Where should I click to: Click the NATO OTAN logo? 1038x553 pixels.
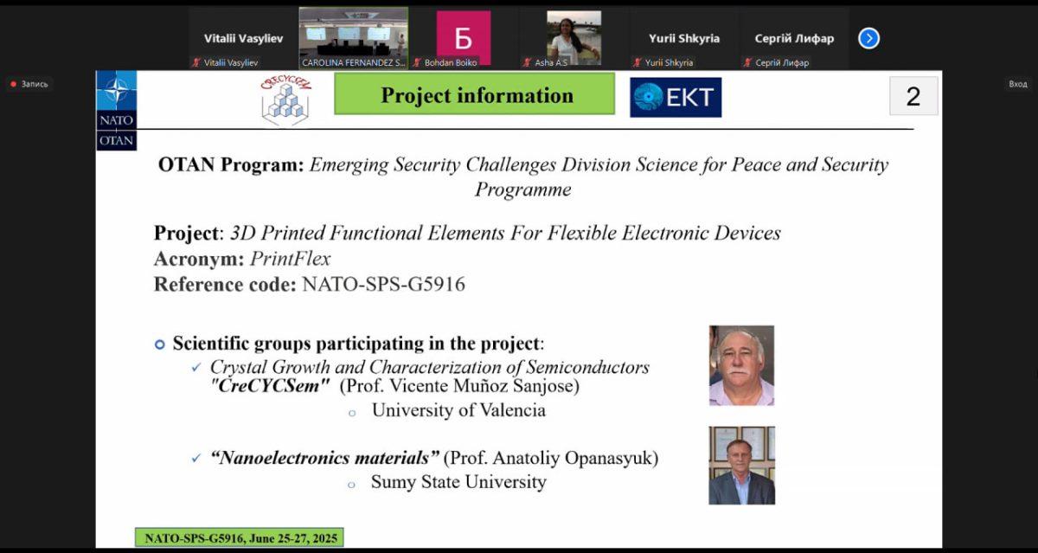click(x=116, y=110)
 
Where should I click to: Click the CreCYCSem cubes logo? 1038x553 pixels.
click(x=286, y=100)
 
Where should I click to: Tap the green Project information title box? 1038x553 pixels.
click(x=475, y=93)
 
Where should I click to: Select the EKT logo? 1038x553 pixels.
click(x=676, y=97)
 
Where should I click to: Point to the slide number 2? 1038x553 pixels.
click(x=913, y=96)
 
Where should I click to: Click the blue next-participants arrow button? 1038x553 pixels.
click(x=868, y=38)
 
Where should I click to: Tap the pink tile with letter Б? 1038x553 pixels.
click(x=464, y=38)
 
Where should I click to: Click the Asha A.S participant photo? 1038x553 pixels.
click(x=573, y=38)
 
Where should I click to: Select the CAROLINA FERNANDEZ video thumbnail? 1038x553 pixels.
click(x=354, y=38)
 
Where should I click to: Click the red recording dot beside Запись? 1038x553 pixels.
click(x=14, y=84)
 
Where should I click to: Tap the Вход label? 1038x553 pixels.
click(x=1017, y=84)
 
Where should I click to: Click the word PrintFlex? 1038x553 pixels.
click(x=290, y=259)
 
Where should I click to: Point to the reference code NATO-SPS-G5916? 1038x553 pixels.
click(x=383, y=284)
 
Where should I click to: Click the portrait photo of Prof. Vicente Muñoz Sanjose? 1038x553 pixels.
click(x=741, y=365)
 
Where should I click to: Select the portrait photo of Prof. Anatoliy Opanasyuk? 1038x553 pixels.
click(x=741, y=466)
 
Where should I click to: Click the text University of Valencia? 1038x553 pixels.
click(x=458, y=410)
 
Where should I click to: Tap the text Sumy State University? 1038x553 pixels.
click(x=458, y=482)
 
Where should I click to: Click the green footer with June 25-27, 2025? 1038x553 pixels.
click(x=240, y=537)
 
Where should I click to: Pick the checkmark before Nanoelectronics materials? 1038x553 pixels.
click(x=196, y=458)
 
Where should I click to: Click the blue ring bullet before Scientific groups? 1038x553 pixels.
click(x=160, y=344)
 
